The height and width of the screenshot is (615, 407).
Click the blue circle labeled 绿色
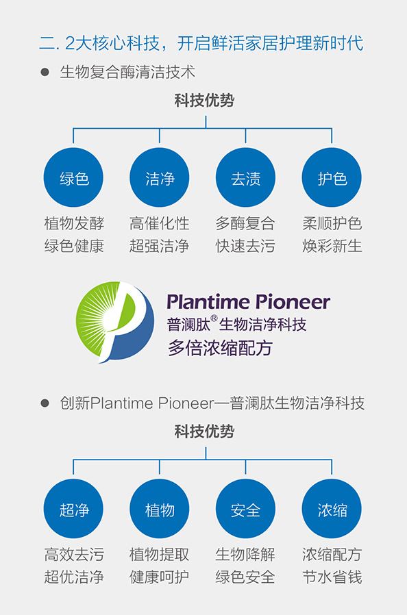(x=73, y=177)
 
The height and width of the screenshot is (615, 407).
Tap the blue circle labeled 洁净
(x=160, y=177)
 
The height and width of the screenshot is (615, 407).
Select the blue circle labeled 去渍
(x=246, y=177)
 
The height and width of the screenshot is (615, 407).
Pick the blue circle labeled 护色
(x=332, y=177)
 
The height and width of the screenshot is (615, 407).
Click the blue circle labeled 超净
(x=73, y=509)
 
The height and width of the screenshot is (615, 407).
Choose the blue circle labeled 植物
(x=160, y=509)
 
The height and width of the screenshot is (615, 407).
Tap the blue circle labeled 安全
(x=246, y=509)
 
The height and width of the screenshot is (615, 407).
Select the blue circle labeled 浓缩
(x=332, y=509)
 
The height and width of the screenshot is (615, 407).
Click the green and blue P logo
(x=114, y=322)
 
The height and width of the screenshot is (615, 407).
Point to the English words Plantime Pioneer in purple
(x=249, y=302)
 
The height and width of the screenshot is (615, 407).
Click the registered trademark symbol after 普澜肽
(x=214, y=318)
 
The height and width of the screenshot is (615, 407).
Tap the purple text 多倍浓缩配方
(x=220, y=347)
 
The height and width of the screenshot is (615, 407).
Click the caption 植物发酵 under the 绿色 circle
(x=74, y=223)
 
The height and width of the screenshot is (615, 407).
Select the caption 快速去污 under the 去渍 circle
(x=245, y=247)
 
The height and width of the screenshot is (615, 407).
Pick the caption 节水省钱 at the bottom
(x=332, y=577)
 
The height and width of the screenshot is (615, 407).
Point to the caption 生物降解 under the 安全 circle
(x=245, y=555)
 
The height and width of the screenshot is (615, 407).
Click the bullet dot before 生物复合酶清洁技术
(x=45, y=72)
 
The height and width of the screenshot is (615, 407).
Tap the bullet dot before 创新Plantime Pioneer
(x=45, y=403)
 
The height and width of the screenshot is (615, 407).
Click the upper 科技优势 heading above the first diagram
(x=204, y=101)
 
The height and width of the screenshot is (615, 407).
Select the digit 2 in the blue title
(x=69, y=43)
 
